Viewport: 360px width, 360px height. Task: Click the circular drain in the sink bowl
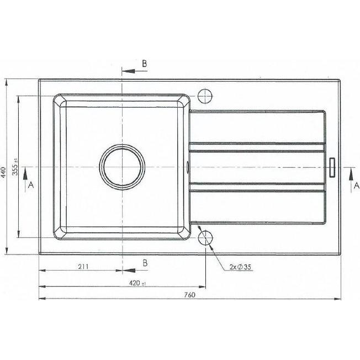(x=123, y=167)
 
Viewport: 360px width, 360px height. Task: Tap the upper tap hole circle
(x=205, y=96)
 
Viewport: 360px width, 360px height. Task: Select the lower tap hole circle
(x=205, y=239)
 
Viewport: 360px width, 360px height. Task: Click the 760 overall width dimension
(x=189, y=294)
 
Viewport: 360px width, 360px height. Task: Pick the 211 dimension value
(x=83, y=267)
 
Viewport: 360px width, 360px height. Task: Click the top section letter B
(x=144, y=64)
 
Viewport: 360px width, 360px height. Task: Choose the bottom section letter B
(x=145, y=263)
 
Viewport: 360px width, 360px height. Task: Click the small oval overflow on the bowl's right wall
(x=189, y=165)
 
